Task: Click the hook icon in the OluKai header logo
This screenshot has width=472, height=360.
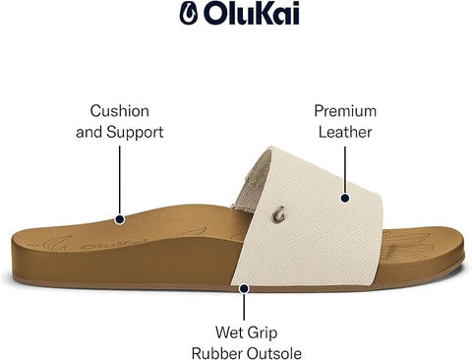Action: [188, 14]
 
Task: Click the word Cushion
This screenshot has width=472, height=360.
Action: [120, 110]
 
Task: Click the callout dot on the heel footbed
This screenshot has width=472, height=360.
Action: [120, 220]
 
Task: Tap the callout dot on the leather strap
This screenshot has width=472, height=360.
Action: [346, 198]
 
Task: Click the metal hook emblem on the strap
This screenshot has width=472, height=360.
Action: [281, 210]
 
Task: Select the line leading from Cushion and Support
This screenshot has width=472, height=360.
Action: [120, 182]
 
